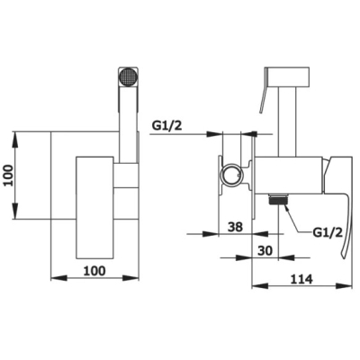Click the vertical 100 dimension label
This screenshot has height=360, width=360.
pos(10,175)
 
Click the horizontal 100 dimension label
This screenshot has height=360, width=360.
pos(94,271)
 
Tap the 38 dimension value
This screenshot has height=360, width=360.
pos(235,227)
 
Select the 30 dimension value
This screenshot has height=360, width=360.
pos(265,250)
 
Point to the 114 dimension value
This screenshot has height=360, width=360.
pos(301,279)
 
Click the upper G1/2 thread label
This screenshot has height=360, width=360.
pos(166,125)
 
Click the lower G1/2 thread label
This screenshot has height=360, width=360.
pos(328,232)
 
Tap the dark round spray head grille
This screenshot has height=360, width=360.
pos(128,76)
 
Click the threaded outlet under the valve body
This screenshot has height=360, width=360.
pos(278,200)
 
